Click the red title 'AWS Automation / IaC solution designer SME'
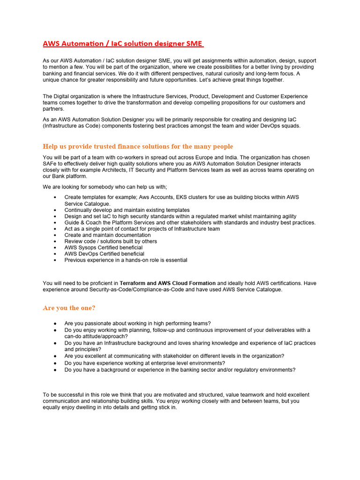(x=122, y=44)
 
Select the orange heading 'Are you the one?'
(x=69, y=308)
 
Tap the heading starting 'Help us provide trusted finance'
(x=138, y=146)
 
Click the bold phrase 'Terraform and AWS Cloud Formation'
(x=167, y=283)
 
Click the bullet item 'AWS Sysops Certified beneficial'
(x=103, y=247)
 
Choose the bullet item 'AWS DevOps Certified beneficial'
(x=104, y=254)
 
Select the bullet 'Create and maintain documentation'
(x=107, y=235)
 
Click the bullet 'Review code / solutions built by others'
(x=111, y=241)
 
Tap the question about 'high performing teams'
(x=137, y=323)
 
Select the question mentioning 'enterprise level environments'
(x=144, y=363)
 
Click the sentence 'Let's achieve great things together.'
(x=237, y=80)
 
